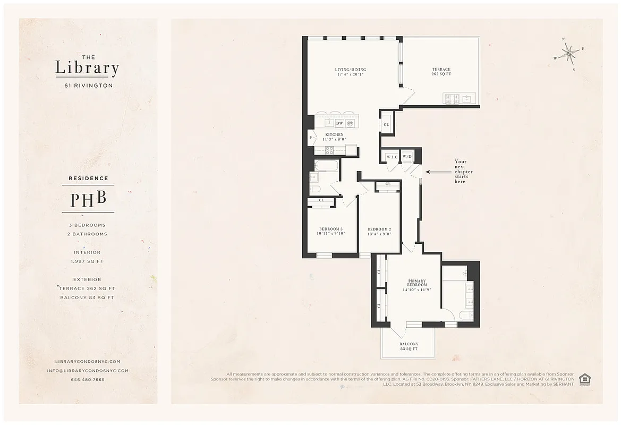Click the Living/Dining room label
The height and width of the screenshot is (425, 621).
click(350, 72)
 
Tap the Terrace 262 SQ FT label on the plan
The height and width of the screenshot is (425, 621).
click(441, 72)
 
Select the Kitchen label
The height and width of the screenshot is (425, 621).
click(335, 137)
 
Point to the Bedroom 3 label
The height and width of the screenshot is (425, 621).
click(330, 231)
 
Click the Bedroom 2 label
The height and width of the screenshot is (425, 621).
click(379, 231)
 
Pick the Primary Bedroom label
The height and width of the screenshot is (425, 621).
click(417, 285)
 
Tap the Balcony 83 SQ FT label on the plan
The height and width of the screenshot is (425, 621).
click(409, 346)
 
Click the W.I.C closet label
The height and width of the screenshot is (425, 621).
click(393, 157)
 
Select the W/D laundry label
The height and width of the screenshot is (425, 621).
click(407, 157)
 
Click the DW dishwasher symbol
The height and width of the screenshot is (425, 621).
click(339, 123)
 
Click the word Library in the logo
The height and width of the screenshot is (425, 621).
click(87, 69)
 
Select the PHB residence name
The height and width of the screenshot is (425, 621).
click(88, 199)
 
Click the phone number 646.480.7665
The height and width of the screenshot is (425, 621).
click(88, 380)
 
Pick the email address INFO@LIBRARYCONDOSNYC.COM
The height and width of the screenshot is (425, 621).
click(88, 371)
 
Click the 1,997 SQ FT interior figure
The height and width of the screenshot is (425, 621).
click(88, 261)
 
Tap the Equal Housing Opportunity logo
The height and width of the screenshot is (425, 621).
click(585, 379)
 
